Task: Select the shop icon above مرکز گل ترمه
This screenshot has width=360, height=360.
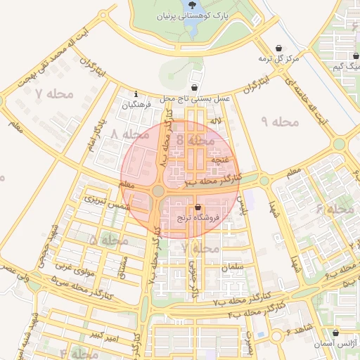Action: click(x=279, y=46)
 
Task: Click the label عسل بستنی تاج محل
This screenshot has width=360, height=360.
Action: click(x=195, y=99)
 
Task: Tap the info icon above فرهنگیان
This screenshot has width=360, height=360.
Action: click(x=136, y=94)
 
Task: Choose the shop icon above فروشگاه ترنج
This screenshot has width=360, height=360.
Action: click(x=198, y=207)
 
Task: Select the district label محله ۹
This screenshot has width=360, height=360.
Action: click(x=280, y=122)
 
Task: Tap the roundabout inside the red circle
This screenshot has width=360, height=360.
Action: click(x=158, y=191)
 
